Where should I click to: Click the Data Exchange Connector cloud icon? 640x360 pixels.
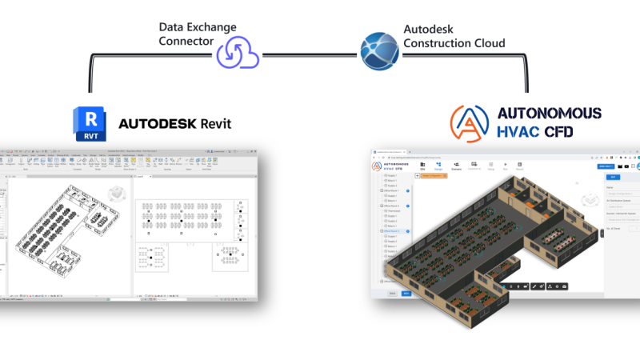tap(237, 54)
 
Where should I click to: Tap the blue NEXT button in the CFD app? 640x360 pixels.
tap(406, 294)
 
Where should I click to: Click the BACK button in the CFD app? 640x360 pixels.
tap(393, 294)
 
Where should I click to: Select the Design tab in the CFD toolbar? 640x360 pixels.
tap(438, 167)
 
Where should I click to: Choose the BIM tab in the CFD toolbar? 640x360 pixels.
tap(422, 167)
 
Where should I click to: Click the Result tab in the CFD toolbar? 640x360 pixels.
tap(519, 167)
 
